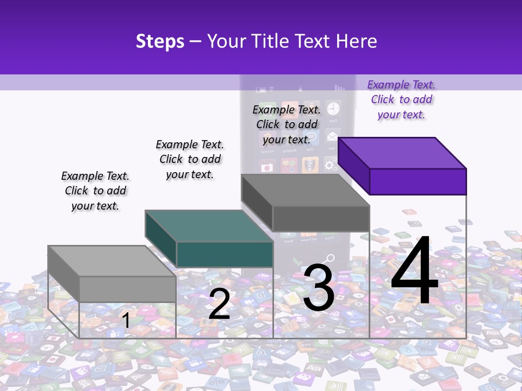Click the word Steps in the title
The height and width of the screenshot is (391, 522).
[x=160, y=41]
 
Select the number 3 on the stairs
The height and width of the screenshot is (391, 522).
[x=319, y=288]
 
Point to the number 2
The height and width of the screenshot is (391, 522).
[x=219, y=304]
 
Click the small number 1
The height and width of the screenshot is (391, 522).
[x=126, y=320]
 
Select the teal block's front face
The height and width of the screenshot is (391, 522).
[x=225, y=254]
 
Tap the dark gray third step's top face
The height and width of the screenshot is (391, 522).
[x=304, y=190]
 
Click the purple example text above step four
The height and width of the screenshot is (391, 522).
[x=401, y=99]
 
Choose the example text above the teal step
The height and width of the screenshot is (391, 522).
[x=190, y=159]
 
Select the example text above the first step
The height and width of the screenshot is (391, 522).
[x=95, y=191]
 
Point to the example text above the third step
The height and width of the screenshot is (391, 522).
[x=287, y=124]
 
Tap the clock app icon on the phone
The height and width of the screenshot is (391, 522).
[x=333, y=108]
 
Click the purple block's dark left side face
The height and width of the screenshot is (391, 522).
[x=354, y=166]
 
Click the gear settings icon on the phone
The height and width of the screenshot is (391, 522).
[x=330, y=164]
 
